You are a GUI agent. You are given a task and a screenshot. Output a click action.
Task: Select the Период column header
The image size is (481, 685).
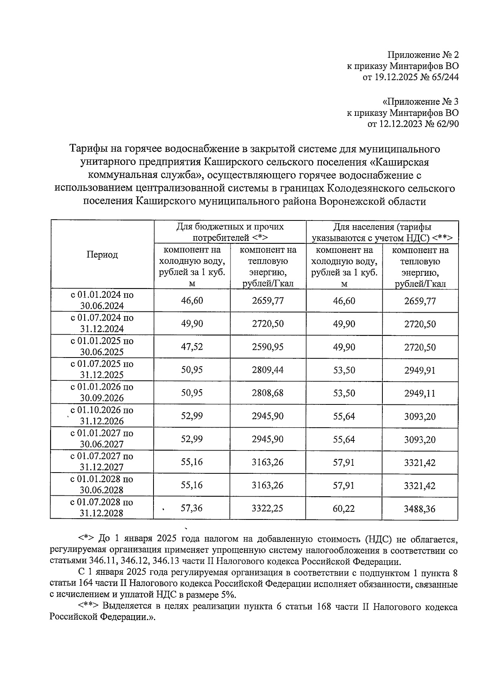102,255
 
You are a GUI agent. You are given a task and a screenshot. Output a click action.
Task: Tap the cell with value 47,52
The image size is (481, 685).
192,347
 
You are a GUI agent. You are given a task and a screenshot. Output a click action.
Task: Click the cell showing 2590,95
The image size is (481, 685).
268,347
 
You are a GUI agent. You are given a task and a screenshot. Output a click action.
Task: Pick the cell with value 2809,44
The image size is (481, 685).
268,370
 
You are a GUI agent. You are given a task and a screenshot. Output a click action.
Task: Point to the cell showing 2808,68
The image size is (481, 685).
268,393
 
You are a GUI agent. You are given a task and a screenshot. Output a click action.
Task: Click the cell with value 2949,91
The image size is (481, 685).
420,370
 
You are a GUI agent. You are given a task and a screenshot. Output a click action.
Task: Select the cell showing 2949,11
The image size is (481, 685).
420,393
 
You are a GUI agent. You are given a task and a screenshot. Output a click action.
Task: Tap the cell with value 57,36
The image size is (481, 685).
192,508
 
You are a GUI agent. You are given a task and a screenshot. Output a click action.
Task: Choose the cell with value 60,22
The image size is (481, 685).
344,508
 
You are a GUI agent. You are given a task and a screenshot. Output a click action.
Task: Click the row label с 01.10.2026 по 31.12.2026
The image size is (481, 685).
102,416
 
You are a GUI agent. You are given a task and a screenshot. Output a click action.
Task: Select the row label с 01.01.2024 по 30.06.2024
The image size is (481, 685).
102,300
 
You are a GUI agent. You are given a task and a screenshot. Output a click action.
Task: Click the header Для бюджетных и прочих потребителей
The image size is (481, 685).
230,232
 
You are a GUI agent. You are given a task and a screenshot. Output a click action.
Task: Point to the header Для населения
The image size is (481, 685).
382,232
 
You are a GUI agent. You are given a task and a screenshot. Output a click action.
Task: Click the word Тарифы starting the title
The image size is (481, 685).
86,149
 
